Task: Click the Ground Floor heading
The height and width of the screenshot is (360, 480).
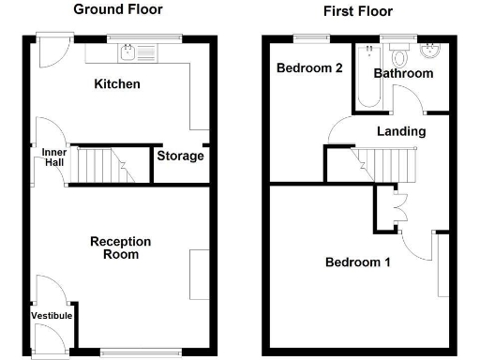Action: coord(117,9)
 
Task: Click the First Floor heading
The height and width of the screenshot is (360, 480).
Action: coord(357,11)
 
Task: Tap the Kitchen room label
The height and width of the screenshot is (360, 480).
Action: coord(117,84)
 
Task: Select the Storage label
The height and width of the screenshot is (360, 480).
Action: coord(180,156)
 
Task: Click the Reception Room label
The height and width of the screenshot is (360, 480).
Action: coord(120,247)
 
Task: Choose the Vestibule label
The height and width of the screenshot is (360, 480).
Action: coord(51,316)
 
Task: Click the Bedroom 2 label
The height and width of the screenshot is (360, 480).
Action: coord(307,68)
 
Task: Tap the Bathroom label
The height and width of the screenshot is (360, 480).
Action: coord(403,73)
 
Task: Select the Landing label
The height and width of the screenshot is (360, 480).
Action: coord(401,131)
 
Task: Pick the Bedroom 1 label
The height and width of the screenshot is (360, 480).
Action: coord(357,262)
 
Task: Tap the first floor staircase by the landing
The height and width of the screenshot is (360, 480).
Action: coord(386,165)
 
